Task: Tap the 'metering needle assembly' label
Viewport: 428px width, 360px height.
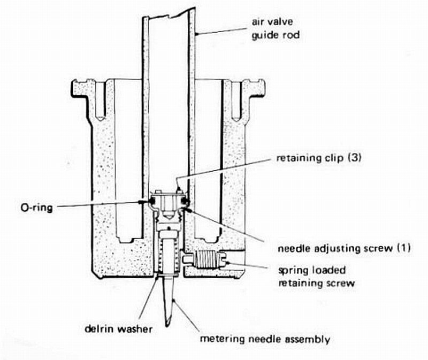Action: pos(264,339)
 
